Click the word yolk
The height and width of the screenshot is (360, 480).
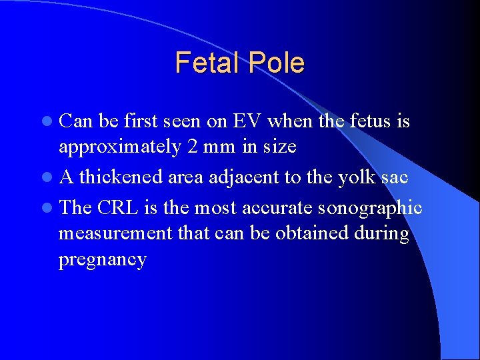click(x=360, y=177)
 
